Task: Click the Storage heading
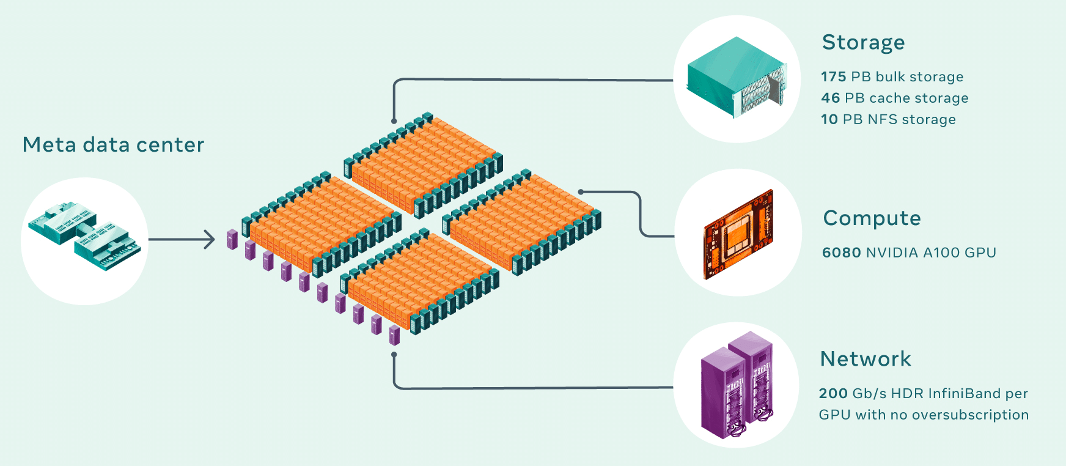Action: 863,43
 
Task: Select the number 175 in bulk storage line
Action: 834,77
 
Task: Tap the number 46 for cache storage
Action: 831,98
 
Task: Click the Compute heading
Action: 872,219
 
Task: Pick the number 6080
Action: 841,253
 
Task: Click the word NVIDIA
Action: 892,253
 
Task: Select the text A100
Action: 941,253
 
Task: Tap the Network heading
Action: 866,360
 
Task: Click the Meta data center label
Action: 113,145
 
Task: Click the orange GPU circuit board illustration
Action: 738,233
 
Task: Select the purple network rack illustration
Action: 737,385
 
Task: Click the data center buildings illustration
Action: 84,237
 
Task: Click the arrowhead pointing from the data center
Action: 211,240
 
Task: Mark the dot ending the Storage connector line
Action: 394,121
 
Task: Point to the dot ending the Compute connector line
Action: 581,192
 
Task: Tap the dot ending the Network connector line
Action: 394,354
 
